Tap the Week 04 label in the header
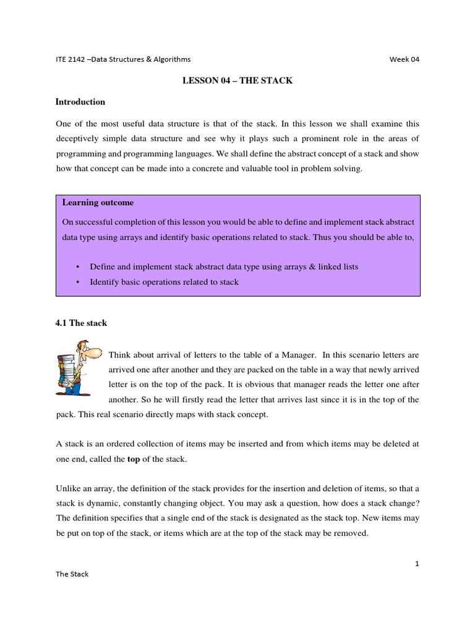coord(404,59)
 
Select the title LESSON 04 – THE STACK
coord(237,80)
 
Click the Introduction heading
coord(80,102)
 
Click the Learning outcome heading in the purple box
coord(98,203)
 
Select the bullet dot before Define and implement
coord(78,267)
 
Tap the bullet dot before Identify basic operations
coord(78,282)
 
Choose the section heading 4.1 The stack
coord(81,323)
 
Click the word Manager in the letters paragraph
coord(296,355)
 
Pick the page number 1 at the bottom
coord(417,564)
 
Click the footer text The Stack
coord(72,574)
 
